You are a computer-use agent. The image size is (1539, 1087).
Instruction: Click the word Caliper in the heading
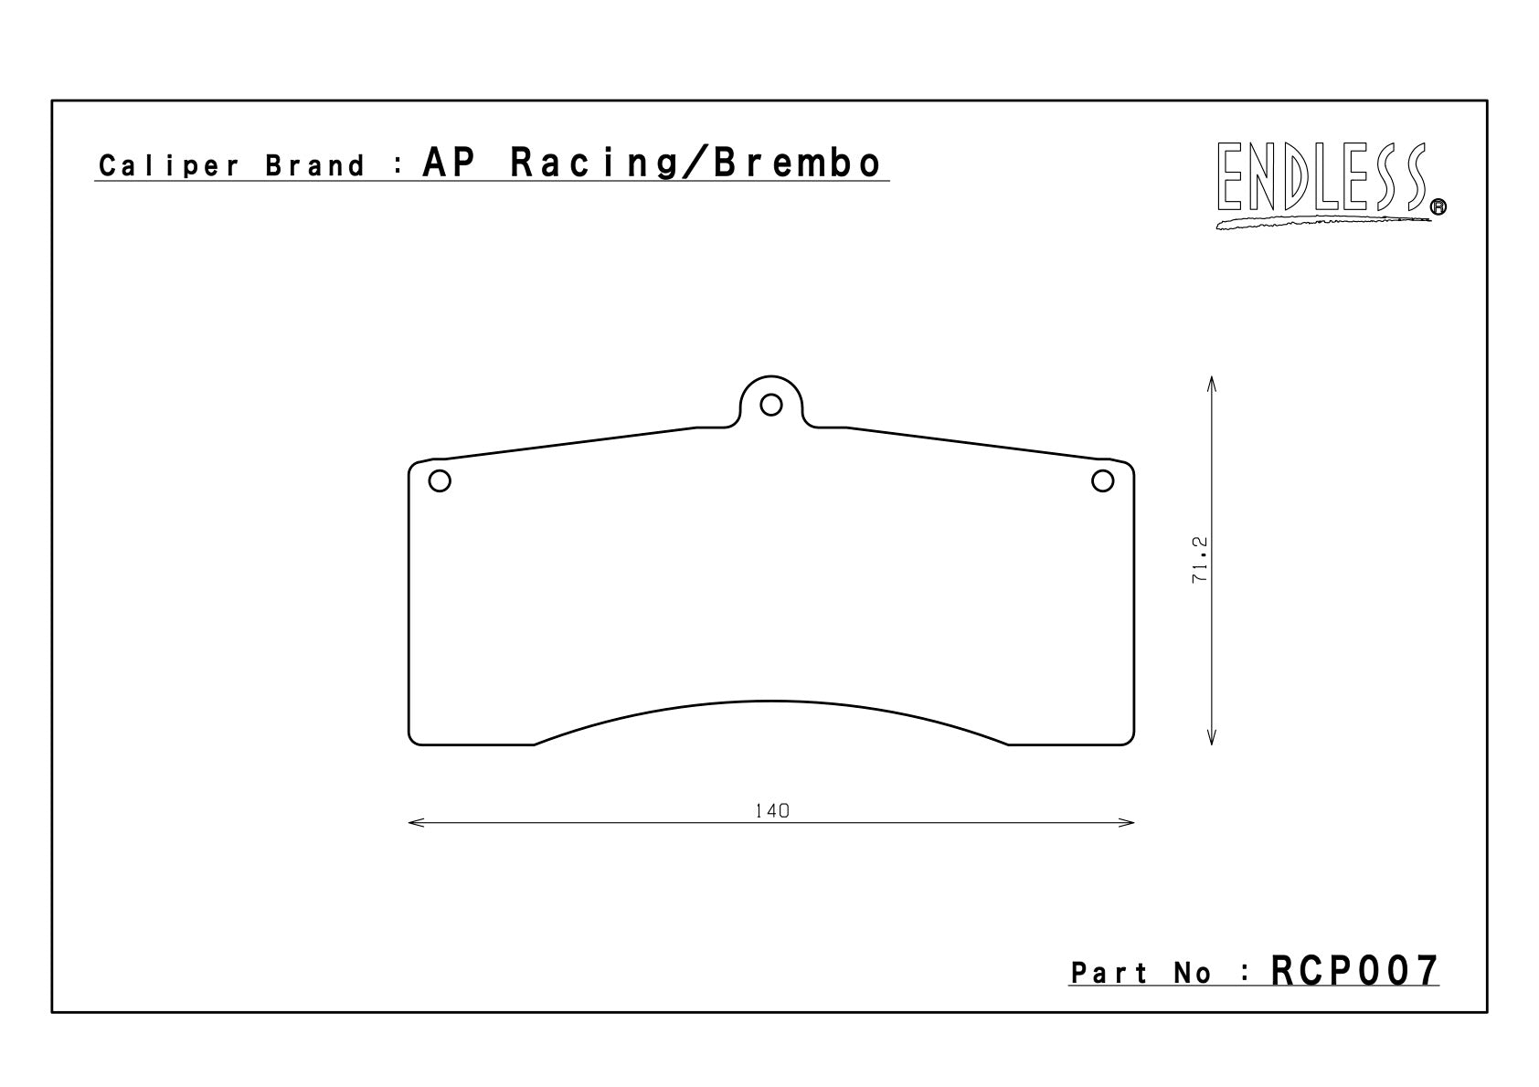[170, 166]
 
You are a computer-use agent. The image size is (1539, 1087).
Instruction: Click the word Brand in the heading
[315, 166]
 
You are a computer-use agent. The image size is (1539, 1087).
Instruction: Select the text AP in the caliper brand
[449, 164]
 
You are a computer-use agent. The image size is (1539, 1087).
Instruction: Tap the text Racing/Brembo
[695, 164]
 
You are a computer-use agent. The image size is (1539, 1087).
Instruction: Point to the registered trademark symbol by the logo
[1438, 206]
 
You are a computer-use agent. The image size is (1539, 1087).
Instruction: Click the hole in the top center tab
[771, 406]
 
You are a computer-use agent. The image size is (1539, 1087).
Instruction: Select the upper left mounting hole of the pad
[440, 480]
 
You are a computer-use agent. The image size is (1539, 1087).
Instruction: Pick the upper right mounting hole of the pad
[1103, 480]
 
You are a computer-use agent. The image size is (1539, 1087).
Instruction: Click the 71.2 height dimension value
[1199, 560]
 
